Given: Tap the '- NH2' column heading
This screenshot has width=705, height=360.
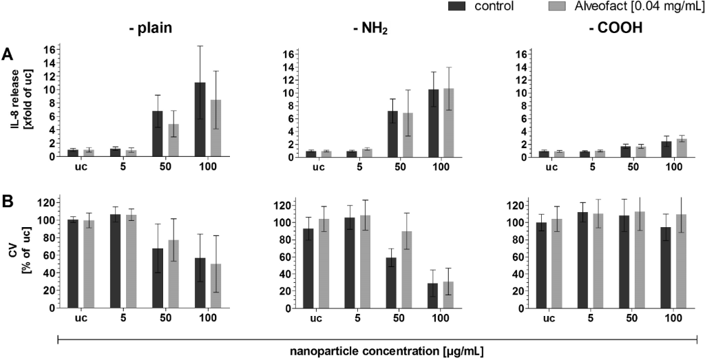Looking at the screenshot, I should point(370,30).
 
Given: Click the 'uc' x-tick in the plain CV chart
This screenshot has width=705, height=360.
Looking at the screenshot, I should point(81,317).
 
